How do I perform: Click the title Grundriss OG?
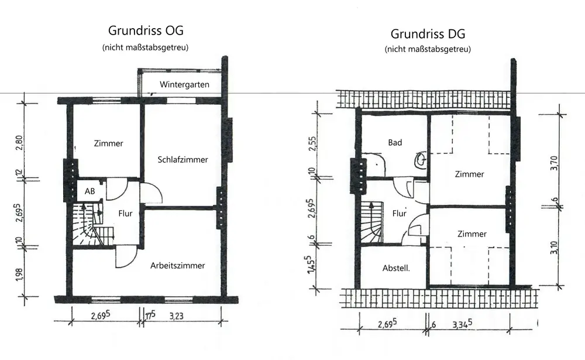[x=150, y=31]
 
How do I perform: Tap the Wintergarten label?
[x=184, y=84]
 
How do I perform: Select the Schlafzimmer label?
[x=183, y=159]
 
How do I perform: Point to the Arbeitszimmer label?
[x=177, y=265]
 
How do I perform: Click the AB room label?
[x=90, y=191]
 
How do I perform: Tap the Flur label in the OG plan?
[x=126, y=213]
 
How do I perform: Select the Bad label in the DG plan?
[x=395, y=142]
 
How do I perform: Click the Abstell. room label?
[x=395, y=269]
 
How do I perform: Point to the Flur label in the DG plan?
[x=399, y=214]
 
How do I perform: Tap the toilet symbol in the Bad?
[x=421, y=159]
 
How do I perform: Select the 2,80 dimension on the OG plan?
[x=20, y=142]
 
